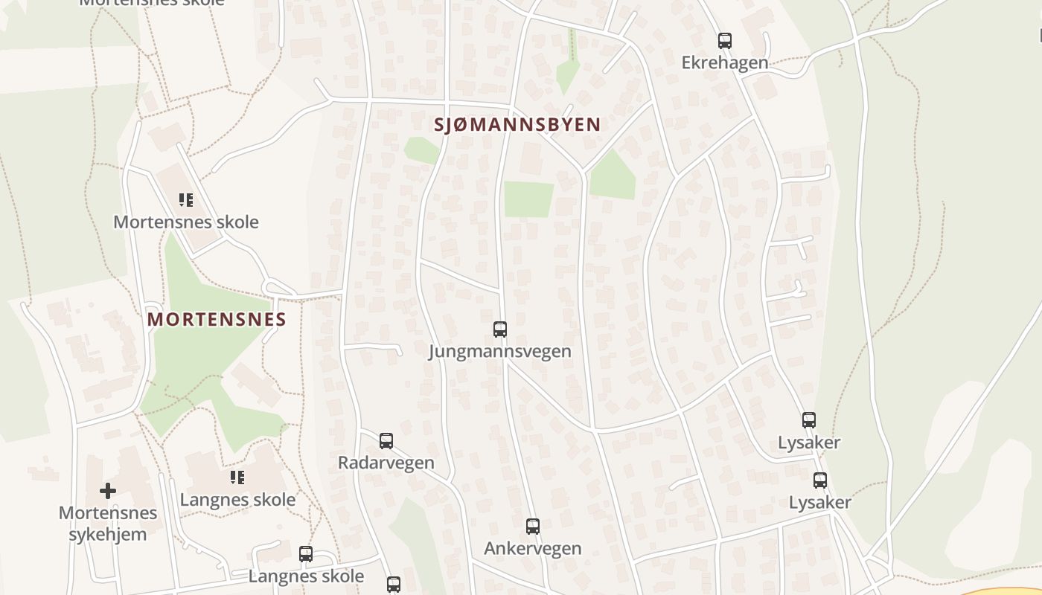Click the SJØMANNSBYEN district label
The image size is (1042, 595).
(x=517, y=124)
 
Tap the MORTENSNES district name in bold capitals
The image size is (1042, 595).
(x=217, y=320)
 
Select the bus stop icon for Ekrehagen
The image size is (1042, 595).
(x=725, y=41)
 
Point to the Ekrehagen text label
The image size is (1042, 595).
(x=725, y=62)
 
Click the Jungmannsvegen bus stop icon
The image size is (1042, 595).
(x=500, y=329)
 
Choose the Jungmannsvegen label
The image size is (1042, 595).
(x=500, y=351)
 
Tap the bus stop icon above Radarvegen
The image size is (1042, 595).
(x=386, y=440)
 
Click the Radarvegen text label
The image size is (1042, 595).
(x=386, y=463)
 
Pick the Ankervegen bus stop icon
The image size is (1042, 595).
(x=533, y=527)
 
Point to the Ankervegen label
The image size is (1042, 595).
(x=533, y=549)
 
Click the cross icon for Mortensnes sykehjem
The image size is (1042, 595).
(x=108, y=490)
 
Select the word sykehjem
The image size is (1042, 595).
(x=108, y=534)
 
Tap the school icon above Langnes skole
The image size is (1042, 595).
(x=237, y=477)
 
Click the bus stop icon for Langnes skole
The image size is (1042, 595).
(x=306, y=554)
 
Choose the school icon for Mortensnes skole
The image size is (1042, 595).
(x=186, y=199)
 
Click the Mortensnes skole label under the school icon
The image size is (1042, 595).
(x=186, y=222)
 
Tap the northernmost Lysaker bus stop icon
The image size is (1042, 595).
(x=809, y=420)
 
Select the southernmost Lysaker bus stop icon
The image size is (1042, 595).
(x=820, y=480)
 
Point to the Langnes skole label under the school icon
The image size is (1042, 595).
(x=237, y=500)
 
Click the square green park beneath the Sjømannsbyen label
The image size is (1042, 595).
(x=528, y=199)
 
